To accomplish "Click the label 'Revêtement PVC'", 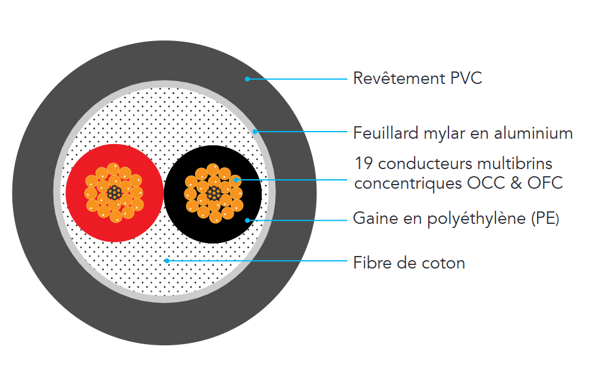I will [417, 79].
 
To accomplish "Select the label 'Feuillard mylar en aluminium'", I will [463, 133].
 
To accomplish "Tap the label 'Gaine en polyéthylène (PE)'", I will [456, 218].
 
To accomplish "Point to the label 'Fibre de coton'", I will [409, 263].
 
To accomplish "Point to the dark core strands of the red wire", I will [114, 193].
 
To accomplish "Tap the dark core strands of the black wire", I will [212, 193].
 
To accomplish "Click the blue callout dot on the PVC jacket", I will [247, 79].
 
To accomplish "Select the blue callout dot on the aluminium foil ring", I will [255, 131].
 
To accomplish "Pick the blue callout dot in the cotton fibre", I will [167, 260].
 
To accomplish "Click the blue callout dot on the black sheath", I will [247, 220].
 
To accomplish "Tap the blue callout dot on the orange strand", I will [237, 179].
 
